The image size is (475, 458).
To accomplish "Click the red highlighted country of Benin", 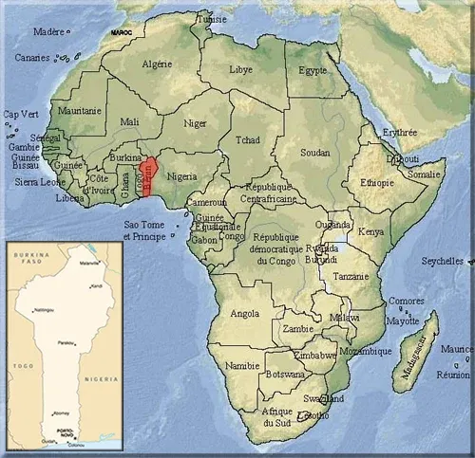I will point(149,173).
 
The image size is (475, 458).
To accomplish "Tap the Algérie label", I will point(158,64).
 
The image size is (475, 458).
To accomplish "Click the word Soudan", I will point(314,152).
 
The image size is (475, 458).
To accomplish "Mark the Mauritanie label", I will point(79,112).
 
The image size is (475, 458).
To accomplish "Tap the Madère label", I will point(48,31).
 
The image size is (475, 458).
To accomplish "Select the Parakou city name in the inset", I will point(66,342).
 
